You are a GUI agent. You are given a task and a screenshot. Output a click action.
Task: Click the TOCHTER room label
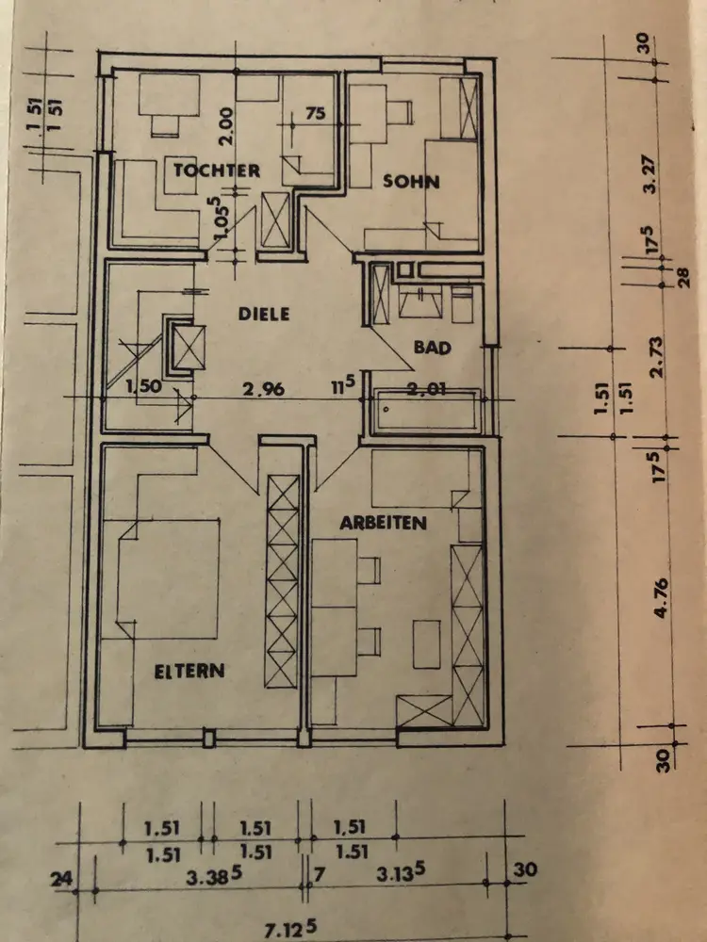click(216, 171)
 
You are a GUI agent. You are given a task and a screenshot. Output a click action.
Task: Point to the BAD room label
click(433, 348)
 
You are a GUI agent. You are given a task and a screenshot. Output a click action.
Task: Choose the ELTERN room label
click(189, 671)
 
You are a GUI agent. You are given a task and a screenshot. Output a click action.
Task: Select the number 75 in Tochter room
click(315, 114)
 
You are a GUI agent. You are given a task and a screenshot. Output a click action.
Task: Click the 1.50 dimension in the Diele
click(142, 386)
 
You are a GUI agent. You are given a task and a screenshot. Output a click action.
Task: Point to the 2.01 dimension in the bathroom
click(426, 388)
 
